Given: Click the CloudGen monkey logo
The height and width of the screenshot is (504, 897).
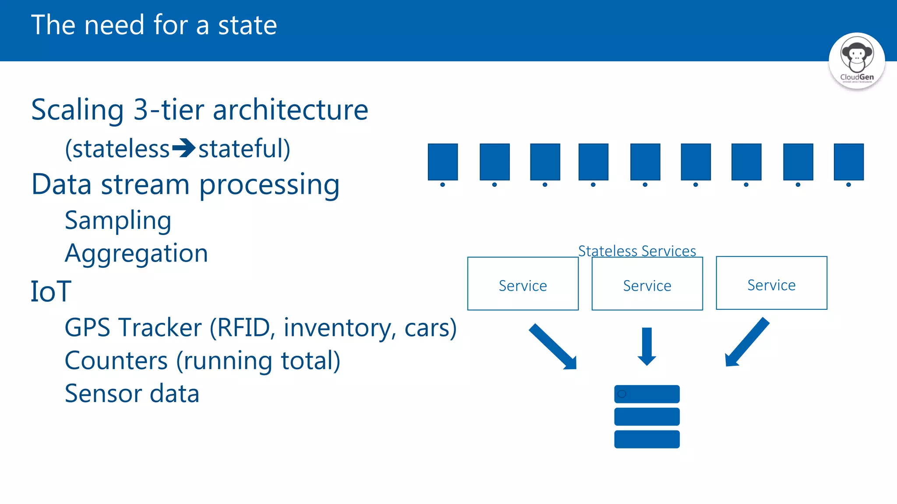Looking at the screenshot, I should [x=856, y=60].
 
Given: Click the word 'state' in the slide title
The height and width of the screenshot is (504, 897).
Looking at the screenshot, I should [x=247, y=25].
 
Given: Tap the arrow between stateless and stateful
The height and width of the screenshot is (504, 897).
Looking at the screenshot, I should [x=184, y=148].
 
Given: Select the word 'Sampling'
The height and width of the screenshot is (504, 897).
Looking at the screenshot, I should [x=118, y=220].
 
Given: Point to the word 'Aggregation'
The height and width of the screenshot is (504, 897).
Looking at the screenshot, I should [x=136, y=253].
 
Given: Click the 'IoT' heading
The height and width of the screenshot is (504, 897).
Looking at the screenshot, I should [x=51, y=291].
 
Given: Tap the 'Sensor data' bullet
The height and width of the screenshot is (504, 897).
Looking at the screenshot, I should [x=132, y=393].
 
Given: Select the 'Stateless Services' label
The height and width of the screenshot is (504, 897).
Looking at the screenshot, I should [x=637, y=251].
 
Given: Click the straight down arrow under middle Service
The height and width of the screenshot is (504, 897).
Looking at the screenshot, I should [x=647, y=346].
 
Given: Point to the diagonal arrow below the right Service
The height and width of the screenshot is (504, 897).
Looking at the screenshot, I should [x=746, y=343].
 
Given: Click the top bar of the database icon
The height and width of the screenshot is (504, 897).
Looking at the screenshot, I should [x=647, y=394].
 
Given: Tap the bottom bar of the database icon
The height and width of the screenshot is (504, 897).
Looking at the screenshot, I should [x=647, y=439].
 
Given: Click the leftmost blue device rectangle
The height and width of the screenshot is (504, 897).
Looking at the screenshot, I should [x=443, y=162].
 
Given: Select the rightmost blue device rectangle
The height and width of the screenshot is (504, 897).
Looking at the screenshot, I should [x=848, y=162].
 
